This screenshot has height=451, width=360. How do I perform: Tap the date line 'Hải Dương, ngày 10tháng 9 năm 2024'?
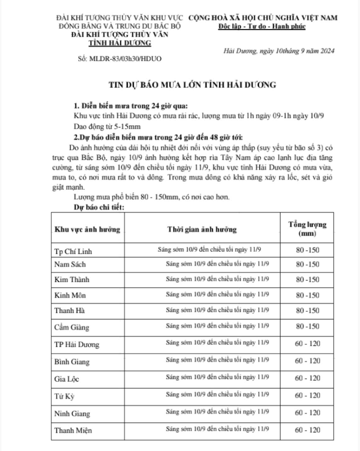279,51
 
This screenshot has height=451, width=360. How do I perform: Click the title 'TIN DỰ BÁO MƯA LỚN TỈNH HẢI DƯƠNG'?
192,85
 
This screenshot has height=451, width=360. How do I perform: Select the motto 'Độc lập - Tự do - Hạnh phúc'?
262,26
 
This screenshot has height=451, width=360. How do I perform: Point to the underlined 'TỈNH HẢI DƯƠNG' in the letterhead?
120,43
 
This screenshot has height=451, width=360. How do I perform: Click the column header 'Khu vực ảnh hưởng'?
87,229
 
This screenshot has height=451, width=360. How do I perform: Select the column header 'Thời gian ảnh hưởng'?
202,229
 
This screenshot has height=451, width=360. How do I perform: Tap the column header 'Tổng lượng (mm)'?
307,229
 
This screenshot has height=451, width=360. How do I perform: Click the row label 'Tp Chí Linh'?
73,251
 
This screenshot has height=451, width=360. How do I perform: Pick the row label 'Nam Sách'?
70,264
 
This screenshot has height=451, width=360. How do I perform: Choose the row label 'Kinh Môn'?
70,295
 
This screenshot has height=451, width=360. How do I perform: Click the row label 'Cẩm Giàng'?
72,327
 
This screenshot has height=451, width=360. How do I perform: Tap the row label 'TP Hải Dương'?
77,345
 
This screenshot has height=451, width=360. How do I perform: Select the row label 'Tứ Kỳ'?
64,397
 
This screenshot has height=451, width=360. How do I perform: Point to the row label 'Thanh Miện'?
73,430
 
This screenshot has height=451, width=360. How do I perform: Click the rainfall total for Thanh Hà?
307,311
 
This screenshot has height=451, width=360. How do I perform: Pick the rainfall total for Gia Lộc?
307,378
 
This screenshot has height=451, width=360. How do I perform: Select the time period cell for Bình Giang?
217,360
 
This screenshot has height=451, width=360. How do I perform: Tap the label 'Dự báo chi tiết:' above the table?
99,207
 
